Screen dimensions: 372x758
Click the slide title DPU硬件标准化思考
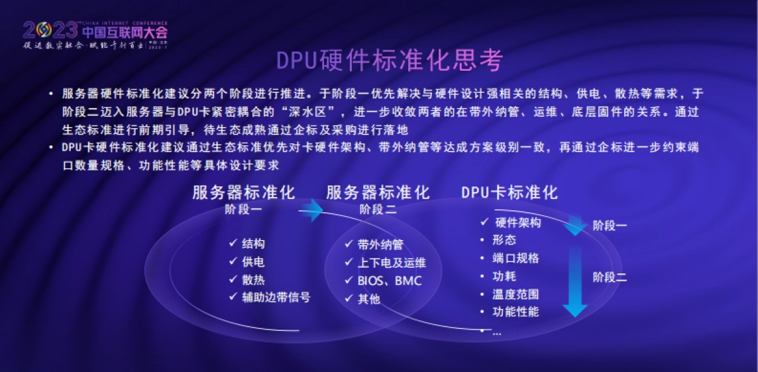(390, 61)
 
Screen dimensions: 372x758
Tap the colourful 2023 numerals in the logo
(50, 30)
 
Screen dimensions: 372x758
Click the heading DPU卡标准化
(510, 193)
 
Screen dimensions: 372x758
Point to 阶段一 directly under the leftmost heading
(243, 210)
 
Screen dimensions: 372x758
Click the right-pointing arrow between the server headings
(310, 210)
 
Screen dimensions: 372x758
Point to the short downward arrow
(575, 225)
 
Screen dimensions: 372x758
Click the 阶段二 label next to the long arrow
(610, 277)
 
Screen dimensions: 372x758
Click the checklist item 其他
(369, 299)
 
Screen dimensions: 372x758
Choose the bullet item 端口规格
(516, 258)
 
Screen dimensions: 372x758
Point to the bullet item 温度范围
(516, 294)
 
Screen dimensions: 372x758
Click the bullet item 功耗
(505, 276)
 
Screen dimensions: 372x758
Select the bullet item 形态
(505, 240)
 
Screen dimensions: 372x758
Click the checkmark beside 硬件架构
(484, 222)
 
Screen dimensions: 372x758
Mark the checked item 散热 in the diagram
(253, 279)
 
